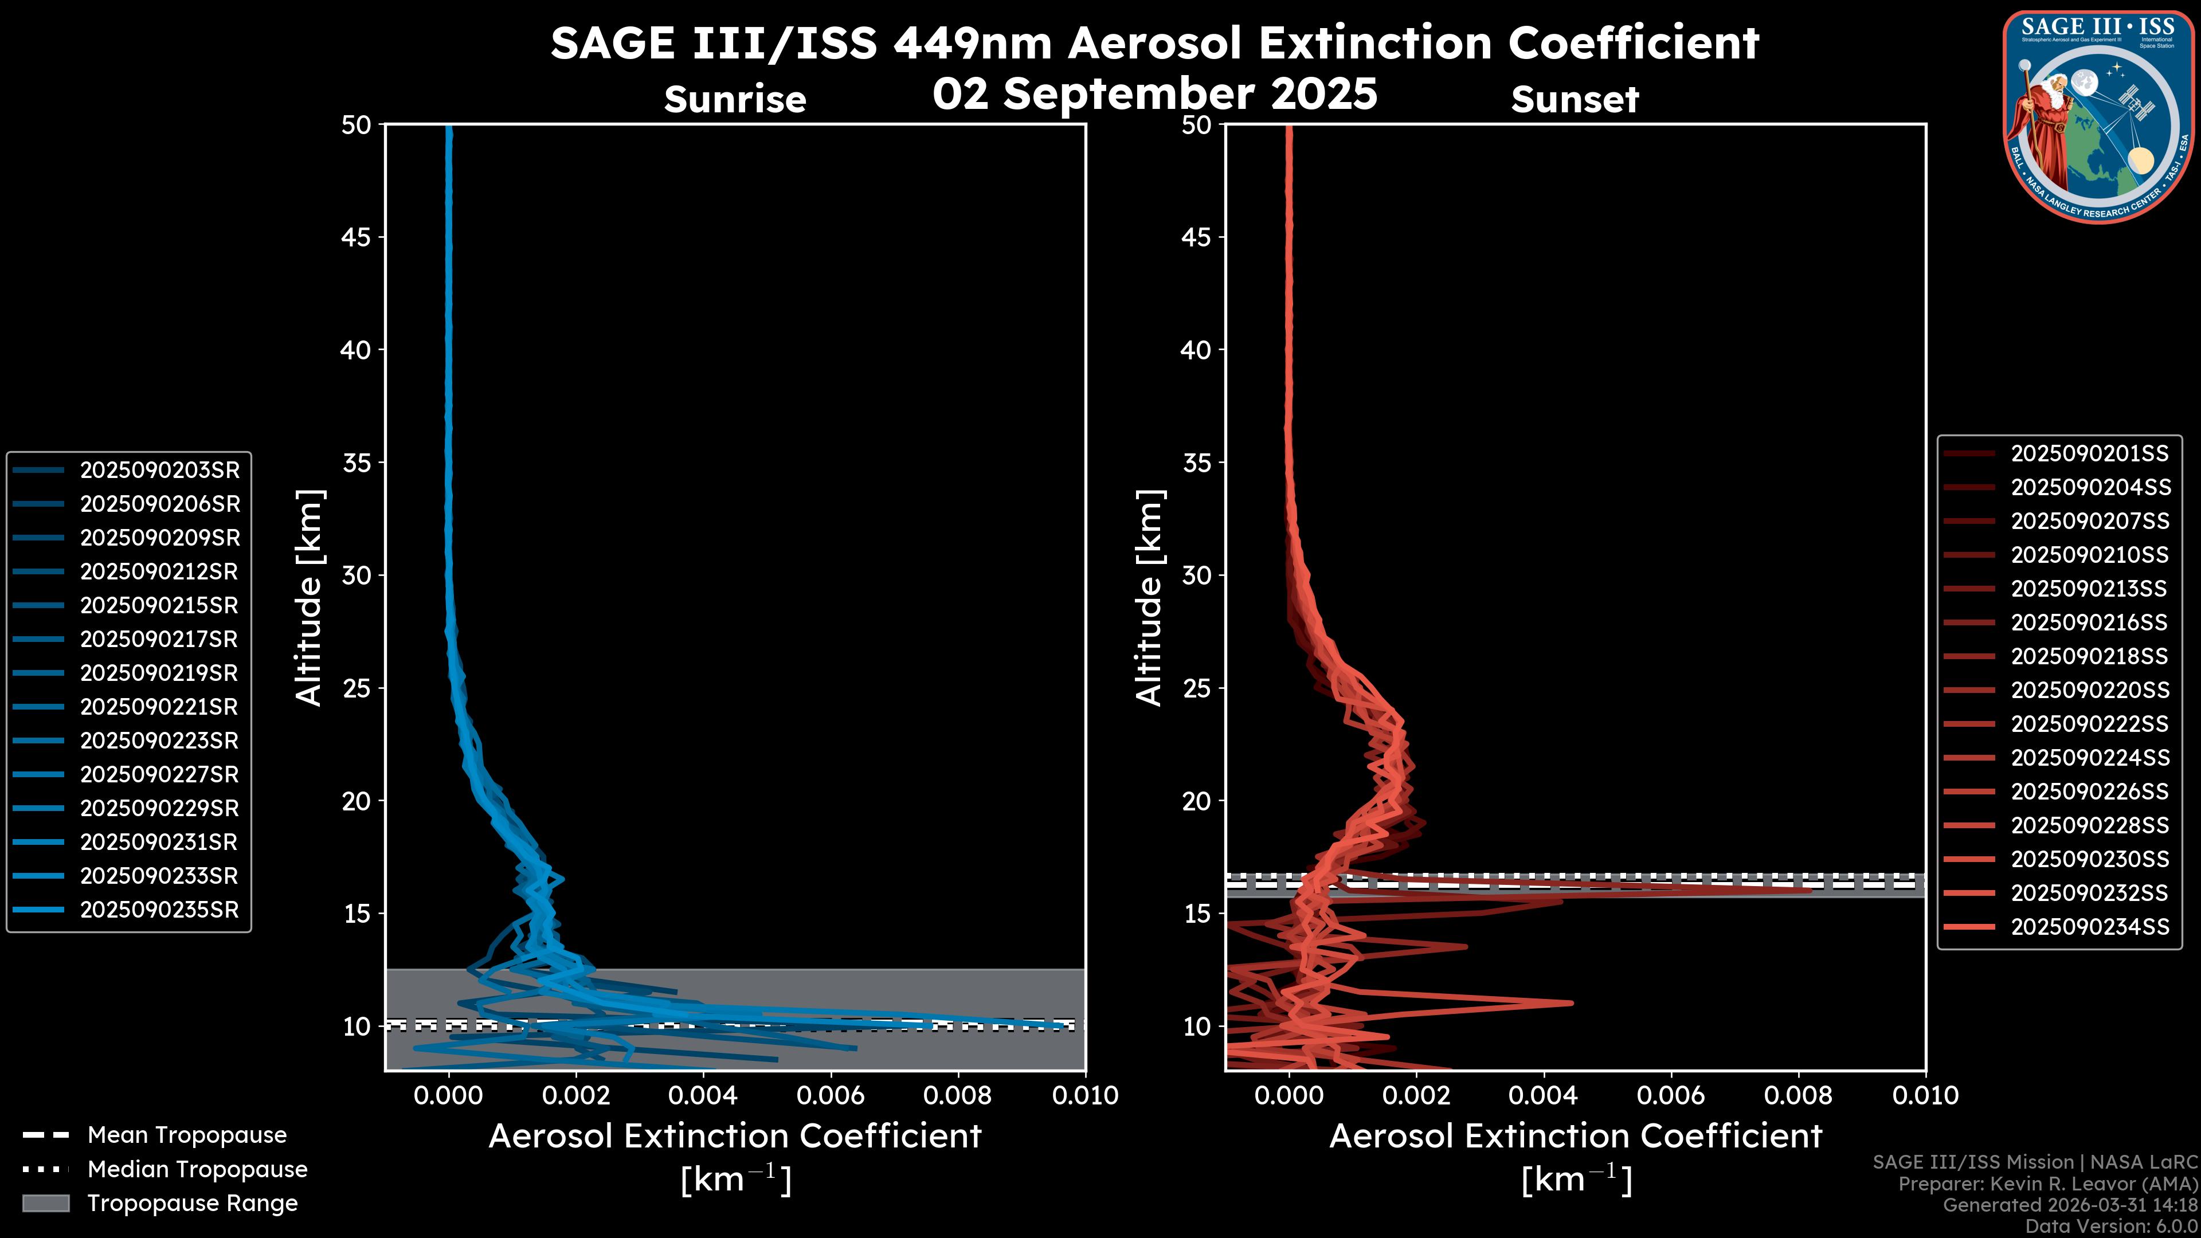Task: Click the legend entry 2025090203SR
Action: (x=160, y=470)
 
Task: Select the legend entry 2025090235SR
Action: (x=160, y=910)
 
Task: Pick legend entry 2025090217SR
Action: (x=160, y=639)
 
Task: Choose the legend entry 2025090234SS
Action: (x=2089, y=927)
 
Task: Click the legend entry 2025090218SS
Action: (x=2089, y=656)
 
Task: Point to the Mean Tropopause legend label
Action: (x=187, y=1135)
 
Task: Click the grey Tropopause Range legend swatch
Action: (x=45, y=1203)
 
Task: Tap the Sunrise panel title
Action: (x=735, y=99)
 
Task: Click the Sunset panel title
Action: (x=1575, y=99)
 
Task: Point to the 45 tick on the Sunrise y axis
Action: (x=357, y=237)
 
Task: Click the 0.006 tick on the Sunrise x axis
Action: (x=831, y=1095)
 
